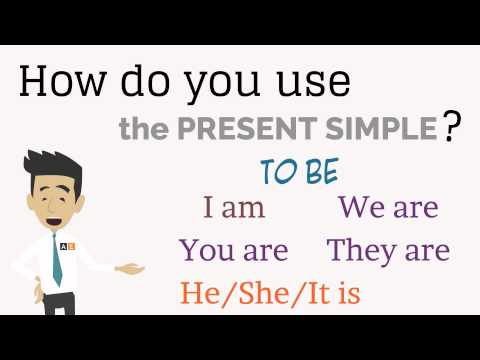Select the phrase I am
tap(234, 208)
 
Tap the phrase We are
tap(388, 208)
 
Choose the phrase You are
tap(233, 249)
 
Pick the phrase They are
tap(388, 249)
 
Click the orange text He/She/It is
tap(270, 293)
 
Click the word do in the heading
tap(136, 82)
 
